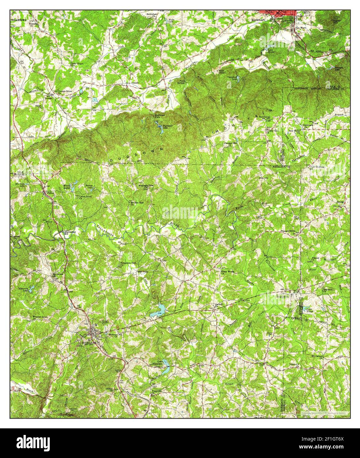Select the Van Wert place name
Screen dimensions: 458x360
(x=300, y=28)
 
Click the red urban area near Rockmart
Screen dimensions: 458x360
(x=277, y=13)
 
